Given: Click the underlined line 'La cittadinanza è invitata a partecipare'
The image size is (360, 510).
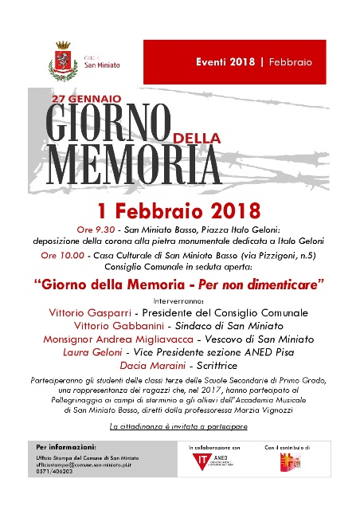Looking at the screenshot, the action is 179,428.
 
